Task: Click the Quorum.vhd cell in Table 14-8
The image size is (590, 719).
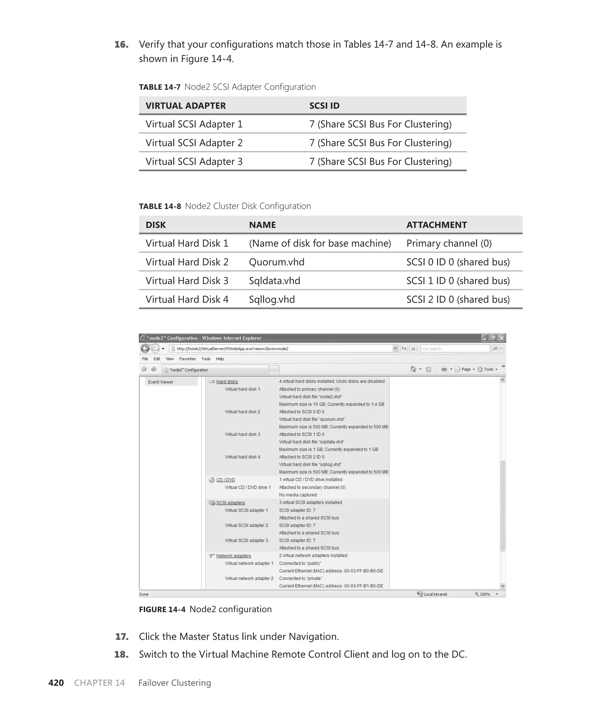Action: pos(277,262)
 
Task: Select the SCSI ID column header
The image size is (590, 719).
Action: pos(324,106)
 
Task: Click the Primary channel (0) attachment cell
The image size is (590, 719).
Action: pos(449,244)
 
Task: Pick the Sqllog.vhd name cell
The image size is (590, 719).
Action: pos(272,299)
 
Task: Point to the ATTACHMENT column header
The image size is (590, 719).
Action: pos(436,225)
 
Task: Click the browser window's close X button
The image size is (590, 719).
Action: pos(502,338)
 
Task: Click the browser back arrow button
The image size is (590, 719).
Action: pos(145,349)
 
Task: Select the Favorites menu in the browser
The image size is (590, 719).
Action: pos(187,359)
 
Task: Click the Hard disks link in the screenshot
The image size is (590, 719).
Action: pos(227,382)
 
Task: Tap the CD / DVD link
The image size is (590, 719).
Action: pos(225,480)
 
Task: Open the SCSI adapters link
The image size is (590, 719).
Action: pos(230,503)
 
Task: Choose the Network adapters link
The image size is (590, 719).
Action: pos(233,556)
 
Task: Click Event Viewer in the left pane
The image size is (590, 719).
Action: pos(161,382)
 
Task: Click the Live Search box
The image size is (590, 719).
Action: pos(454,349)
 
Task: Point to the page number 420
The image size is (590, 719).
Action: pos(56,683)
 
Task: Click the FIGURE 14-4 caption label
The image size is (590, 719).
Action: pos(162,609)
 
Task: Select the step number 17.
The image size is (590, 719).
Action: pos(122,636)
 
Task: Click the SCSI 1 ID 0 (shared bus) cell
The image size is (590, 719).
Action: pos(458,281)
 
